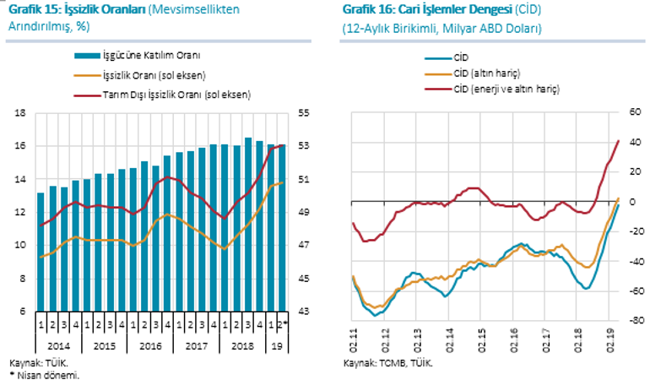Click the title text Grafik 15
click(35, 10)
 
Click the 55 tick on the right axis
click(306, 113)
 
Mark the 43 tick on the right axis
click(306, 312)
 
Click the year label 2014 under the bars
click(57, 345)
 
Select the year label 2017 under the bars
click(197, 345)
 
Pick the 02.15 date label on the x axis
click(481, 344)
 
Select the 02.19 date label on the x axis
click(609, 344)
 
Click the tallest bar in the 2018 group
click(248, 225)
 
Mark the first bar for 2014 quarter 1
click(41, 252)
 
